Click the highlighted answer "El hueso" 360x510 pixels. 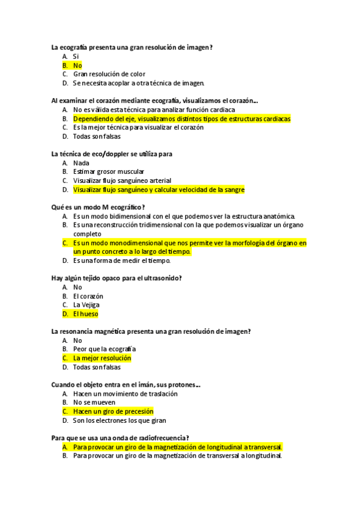pos(85,313)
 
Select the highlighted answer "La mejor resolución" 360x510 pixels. pos(102,358)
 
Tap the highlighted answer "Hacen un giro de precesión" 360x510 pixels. pos(109,411)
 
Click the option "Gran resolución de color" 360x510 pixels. pos(109,74)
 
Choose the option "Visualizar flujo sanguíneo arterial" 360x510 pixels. pos(122,180)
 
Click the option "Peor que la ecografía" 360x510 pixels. pos(104,349)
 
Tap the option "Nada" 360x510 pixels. pos(81,162)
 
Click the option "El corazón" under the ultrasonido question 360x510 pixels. pos(88,296)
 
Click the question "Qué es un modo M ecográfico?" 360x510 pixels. pos(98,207)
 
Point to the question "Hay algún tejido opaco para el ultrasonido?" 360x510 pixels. pos(117,278)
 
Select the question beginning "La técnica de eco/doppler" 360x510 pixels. pos(112,154)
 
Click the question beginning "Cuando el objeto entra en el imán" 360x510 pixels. pos(126,384)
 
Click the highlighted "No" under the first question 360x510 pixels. pos(78,65)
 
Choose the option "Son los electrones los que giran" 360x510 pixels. pos(119,420)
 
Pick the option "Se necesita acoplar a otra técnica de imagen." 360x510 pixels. pos(139,83)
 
